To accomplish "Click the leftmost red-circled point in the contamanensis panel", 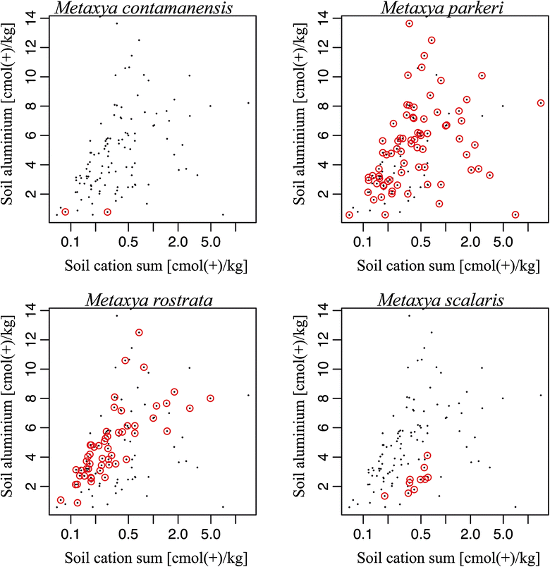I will click(x=66, y=212).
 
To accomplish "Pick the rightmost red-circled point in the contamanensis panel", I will click(x=108, y=212).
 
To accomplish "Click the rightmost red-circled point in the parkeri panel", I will click(x=541, y=103).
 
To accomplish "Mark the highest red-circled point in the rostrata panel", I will click(x=139, y=333).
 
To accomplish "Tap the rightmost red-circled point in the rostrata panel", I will click(x=210, y=398).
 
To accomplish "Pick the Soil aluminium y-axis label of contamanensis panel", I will click(x=10, y=118).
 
